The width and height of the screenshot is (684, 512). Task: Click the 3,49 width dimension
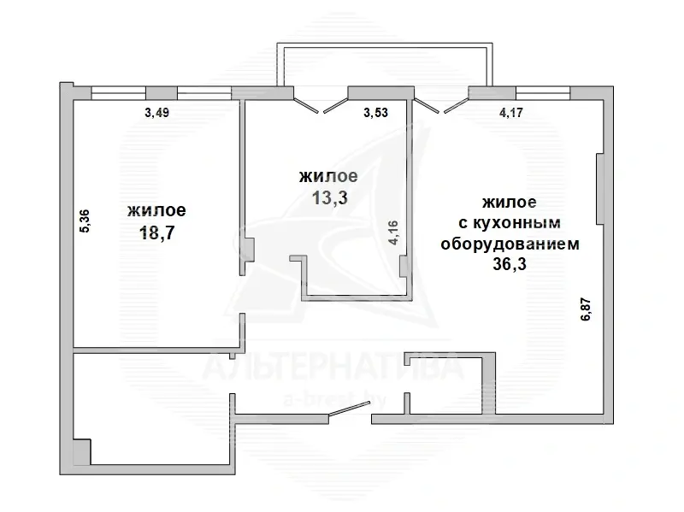[x=156, y=113]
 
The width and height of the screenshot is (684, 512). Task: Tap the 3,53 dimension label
[x=375, y=113]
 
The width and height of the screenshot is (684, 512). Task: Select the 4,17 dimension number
[x=510, y=113]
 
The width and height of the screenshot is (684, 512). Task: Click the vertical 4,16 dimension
[x=393, y=232]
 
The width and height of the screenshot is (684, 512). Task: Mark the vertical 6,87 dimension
[x=586, y=309]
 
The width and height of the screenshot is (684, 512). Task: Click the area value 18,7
[x=156, y=232]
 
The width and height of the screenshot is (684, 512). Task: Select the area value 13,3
[x=329, y=197]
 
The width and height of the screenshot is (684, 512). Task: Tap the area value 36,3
[x=510, y=264]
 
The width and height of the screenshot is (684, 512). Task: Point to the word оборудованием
[x=510, y=244]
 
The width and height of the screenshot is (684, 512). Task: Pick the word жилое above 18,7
[x=156, y=211]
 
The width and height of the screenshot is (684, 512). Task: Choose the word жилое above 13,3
[x=328, y=176]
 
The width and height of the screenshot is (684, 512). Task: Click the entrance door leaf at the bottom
[x=350, y=409]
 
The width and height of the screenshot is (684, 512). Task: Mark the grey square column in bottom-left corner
[x=81, y=452]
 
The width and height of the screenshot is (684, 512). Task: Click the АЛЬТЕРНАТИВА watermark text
[x=333, y=368]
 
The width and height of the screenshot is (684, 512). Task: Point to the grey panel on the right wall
[x=600, y=189]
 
